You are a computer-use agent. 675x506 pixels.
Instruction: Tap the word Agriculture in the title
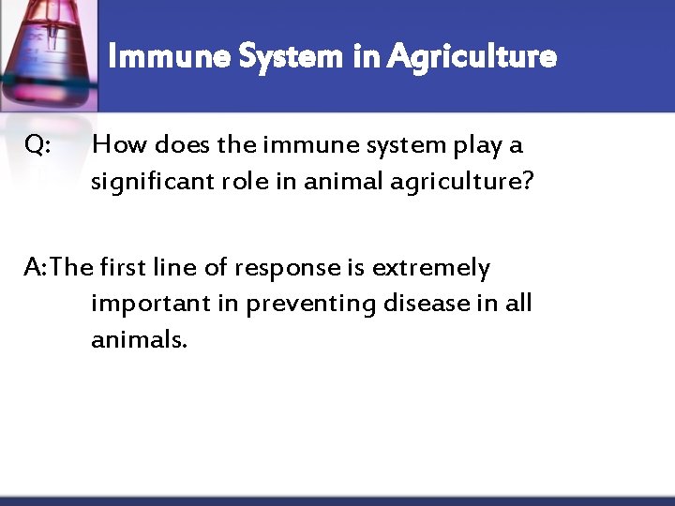(472, 57)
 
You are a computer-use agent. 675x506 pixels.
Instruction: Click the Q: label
(38, 145)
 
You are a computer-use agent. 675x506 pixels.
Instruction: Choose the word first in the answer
(125, 268)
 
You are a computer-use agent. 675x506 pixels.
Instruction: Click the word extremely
(430, 269)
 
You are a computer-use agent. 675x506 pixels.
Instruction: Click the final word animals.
(139, 339)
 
